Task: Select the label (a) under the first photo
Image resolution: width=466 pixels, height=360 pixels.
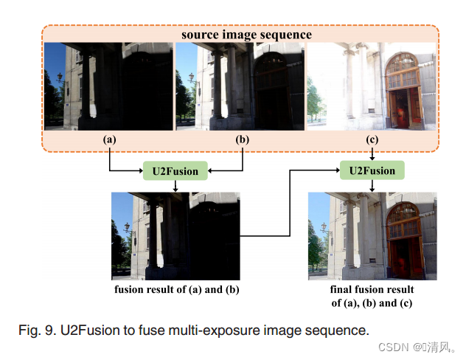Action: (110, 139)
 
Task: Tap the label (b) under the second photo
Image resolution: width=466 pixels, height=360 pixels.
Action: (241, 139)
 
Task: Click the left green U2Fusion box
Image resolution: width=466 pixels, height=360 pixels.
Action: (175, 172)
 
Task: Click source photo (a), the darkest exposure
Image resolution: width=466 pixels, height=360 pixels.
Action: (108, 86)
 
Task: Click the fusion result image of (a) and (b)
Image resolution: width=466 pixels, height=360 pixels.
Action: (175, 236)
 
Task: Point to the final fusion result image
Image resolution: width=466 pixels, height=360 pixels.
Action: (372, 236)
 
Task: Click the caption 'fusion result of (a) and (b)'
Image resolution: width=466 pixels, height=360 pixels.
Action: (176, 289)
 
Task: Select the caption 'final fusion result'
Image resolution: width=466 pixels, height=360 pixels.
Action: (372, 289)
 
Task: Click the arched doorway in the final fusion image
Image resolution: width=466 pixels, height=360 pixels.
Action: (403, 240)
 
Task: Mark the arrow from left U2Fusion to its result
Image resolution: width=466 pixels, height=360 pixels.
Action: (175, 186)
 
